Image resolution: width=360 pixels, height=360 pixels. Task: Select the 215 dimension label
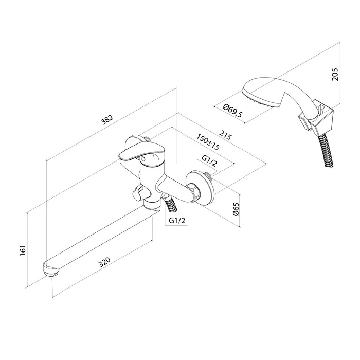pos(225,135)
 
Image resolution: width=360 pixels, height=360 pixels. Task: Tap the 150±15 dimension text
pos(208,142)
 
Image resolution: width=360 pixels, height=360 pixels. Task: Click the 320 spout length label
pos(104,262)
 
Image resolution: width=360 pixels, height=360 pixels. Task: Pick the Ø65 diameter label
pos(236,209)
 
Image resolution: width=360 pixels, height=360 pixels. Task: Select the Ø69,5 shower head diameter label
pos(232,111)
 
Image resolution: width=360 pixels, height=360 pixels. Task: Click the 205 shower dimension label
pos(335,74)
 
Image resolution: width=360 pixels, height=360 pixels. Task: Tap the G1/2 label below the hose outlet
pos(177,221)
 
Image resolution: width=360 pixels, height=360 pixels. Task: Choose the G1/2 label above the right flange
pos(209,160)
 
